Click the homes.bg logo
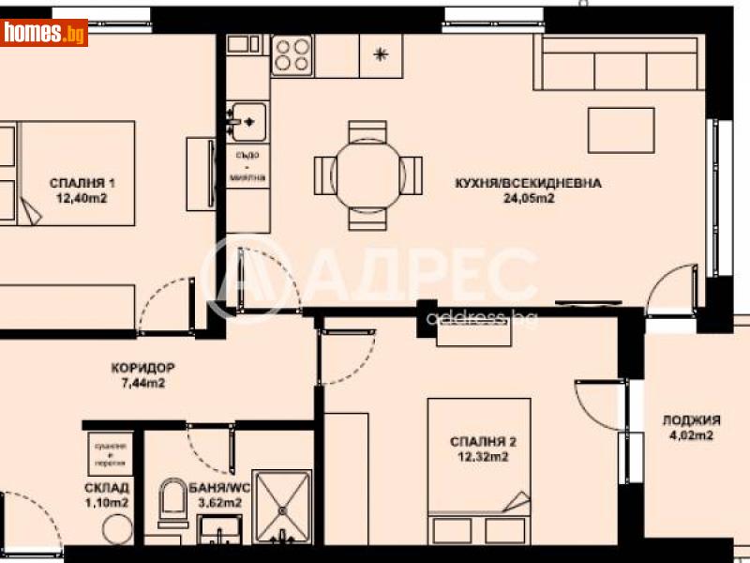(x=44, y=34)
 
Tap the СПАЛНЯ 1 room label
(x=77, y=183)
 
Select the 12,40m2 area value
(x=77, y=198)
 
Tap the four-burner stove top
(x=292, y=54)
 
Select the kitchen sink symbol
(x=248, y=120)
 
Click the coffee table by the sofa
(x=621, y=129)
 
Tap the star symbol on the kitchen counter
(x=381, y=53)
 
